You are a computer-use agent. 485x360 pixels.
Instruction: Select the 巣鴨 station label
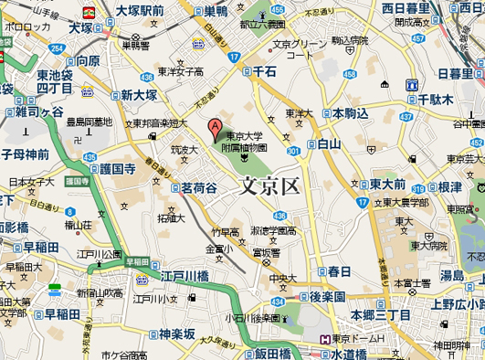216,11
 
